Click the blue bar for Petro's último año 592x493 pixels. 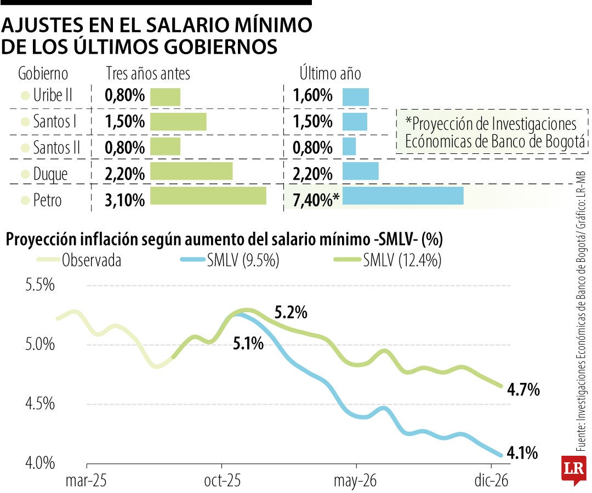click(x=403, y=196)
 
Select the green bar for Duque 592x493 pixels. click(x=191, y=171)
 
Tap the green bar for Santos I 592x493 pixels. click(x=178, y=122)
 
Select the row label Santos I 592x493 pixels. click(x=54, y=122)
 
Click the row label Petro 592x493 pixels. click(x=47, y=200)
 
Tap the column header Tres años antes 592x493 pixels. click(x=147, y=73)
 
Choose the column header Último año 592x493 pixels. click(x=330, y=73)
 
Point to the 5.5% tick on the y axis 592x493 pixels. click(x=40, y=285)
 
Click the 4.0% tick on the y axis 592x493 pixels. click(x=40, y=463)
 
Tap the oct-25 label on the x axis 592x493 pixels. click(x=222, y=480)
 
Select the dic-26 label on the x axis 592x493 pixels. click(x=491, y=480)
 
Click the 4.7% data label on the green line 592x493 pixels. click(x=524, y=391)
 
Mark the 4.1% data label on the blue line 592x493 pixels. click(x=522, y=454)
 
